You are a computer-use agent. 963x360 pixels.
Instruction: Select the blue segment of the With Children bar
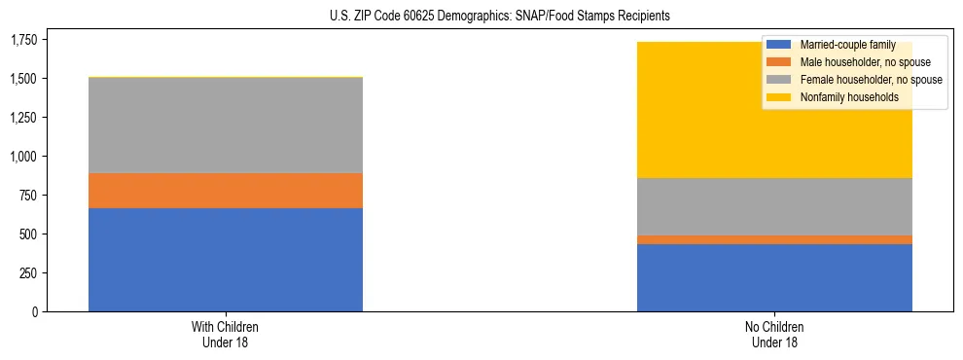coord(226,260)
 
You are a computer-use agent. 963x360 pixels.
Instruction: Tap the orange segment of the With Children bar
coord(226,191)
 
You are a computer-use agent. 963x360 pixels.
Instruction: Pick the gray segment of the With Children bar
coord(226,125)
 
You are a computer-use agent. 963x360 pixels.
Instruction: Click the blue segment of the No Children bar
coord(774,277)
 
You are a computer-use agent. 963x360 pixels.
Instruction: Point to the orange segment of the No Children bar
coord(774,239)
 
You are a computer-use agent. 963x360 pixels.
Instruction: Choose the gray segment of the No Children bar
coord(774,206)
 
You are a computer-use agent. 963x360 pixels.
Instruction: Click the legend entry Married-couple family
coord(842,45)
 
